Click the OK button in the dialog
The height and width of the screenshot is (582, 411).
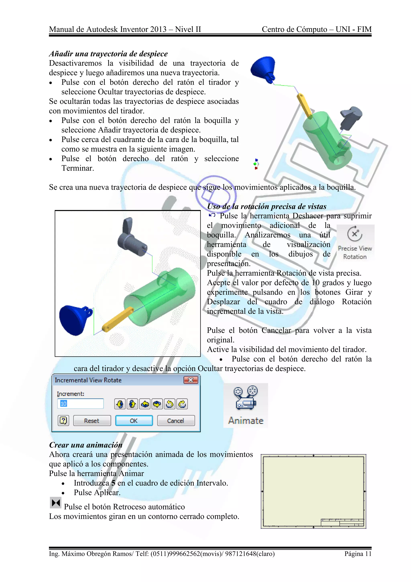tap(134, 421)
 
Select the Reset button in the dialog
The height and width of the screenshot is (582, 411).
tap(92, 421)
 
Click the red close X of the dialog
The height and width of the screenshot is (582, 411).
tap(191, 380)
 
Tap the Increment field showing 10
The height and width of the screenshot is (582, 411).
tap(80, 404)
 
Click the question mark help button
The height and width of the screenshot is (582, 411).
tap(63, 421)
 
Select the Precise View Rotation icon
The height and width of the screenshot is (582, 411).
tap(355, 234)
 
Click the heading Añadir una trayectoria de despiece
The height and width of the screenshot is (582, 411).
tap(108, 54)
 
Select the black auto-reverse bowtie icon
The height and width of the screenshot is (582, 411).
tap(56, 502)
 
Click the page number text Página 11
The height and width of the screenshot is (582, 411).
tap(358, 554)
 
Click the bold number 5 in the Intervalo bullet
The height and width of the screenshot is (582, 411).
tap(113, 483)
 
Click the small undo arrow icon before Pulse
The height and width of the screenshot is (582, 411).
tap(212, 215)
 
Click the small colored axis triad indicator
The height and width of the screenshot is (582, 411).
tap(256, 164)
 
